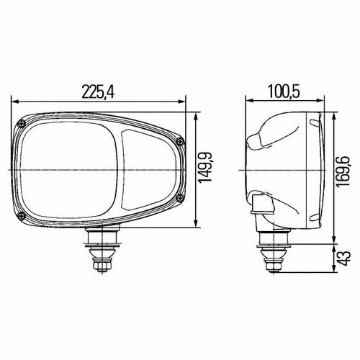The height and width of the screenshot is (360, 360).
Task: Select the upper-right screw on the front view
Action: [x=177, y=138]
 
